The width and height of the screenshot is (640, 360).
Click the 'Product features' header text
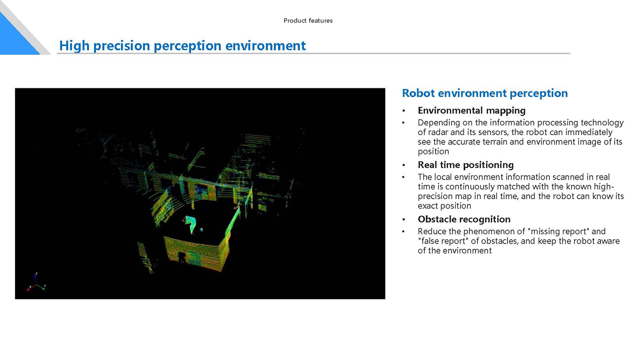(x=308, y=20)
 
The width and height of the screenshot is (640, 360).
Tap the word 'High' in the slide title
(x=74, y=46)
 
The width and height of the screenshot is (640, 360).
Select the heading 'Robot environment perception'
(x=484, y=93)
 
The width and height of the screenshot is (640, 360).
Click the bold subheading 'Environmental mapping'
(x=472, y=111)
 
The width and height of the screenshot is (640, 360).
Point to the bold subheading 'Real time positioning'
(x=465, y=165)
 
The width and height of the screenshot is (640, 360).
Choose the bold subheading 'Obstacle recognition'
(x=464, y=219)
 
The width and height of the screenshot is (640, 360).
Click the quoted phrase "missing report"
(x=558, y=231)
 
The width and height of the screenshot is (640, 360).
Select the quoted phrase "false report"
(x=443, y=241)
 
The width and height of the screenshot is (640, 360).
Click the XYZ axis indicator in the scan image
(x=36, y=282)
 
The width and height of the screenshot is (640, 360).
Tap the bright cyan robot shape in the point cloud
(x=190, y=224)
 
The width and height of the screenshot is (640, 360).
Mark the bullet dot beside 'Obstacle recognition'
(x=404, y=220)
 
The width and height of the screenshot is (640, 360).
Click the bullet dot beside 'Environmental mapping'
(x=404, y=111)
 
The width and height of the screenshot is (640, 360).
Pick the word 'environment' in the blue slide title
(x=265, y=46)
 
